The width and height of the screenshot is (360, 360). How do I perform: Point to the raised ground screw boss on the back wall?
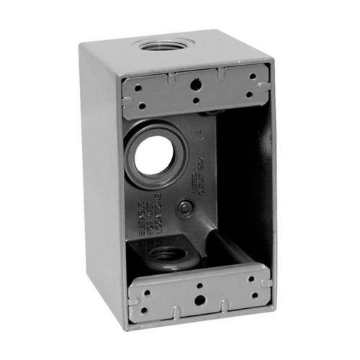click(x=186, y=208)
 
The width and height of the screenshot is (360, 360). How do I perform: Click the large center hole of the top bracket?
click(x=194, y=84)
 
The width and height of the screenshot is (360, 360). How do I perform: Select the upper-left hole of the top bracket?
click(x=138, y=87)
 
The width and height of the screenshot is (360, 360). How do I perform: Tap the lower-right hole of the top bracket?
click(x=249, y=94)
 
